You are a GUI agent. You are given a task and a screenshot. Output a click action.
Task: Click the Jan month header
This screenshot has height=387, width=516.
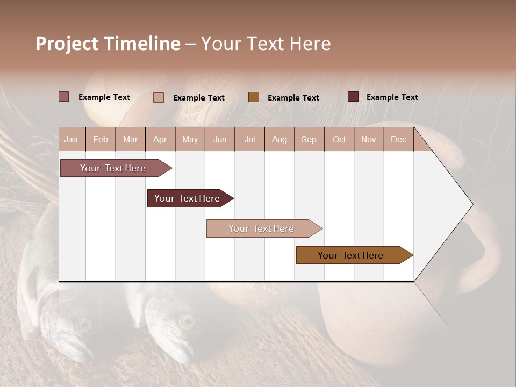click(71, 139)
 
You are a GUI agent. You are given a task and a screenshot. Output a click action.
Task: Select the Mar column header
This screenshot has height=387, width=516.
click(130, 139)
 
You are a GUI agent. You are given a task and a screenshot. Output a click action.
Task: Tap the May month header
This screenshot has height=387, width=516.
click(190, 139)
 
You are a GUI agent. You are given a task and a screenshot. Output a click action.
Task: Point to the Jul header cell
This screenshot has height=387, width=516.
click(249, 139)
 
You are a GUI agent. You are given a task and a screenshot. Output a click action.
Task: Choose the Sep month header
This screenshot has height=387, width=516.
click(309, 139)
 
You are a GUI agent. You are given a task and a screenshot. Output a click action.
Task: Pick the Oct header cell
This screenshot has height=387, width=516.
click(339, 139)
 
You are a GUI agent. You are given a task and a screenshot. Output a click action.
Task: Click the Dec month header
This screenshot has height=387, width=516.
click(398, 139)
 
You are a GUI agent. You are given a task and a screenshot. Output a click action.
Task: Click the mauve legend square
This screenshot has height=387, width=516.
click(64, 97)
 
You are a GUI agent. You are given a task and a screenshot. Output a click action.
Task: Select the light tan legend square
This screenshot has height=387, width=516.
click(159, 97)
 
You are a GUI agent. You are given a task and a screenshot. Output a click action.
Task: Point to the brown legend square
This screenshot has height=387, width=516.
click(254, 97)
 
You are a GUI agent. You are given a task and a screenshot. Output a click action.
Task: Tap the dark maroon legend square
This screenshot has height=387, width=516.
click(353, 97)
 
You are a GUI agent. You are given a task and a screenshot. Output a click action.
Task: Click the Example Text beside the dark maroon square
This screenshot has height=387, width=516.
click(392, 97)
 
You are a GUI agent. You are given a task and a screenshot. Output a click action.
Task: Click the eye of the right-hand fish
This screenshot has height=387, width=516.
click(187, 321)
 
